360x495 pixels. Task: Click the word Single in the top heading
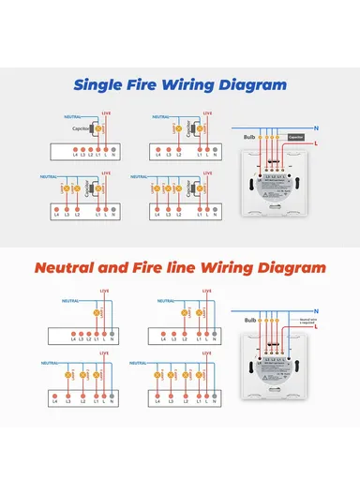click(x=102, y=85)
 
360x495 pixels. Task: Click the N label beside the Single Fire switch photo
click(x=319, y=127)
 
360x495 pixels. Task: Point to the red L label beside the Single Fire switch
click(x=319, y=143)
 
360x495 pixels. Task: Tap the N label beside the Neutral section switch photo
click(x=319, y=309)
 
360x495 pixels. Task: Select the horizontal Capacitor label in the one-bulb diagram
click(x=81, y=128)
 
